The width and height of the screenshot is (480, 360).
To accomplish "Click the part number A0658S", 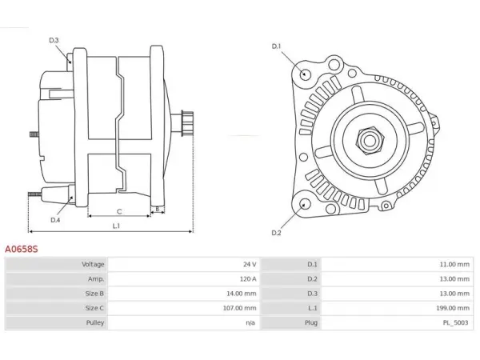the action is (21, 249).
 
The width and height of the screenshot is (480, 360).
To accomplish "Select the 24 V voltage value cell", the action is (250, 264).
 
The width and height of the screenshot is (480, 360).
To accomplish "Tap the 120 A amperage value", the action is (248, 279).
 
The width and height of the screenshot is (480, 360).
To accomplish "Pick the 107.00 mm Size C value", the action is (239, 308).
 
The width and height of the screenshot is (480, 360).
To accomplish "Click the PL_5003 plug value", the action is (455, 322).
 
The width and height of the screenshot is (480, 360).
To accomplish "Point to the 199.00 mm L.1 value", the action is (453, 308).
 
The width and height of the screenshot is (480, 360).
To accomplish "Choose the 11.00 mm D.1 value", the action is (454, 264).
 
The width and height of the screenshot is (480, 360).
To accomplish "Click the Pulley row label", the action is (95, 322).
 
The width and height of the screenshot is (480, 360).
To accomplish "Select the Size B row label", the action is (94, 294).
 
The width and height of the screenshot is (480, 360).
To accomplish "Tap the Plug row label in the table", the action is (311, 322).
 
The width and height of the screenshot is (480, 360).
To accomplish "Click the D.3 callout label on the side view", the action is (54, 40).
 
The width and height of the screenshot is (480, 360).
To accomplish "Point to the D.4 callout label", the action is (55, 220).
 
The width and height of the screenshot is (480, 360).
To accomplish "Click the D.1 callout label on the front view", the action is (276, 46).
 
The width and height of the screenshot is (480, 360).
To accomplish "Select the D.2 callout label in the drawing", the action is (276, 233).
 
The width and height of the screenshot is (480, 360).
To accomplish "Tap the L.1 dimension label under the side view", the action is (116, 226).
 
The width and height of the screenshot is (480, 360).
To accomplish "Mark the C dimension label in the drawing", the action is (119, 211).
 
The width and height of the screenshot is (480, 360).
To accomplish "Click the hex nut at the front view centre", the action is (369, 141).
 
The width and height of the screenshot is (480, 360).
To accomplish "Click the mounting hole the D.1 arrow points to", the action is (304, 74).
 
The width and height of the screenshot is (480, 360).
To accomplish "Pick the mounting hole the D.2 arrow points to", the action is (304, 204).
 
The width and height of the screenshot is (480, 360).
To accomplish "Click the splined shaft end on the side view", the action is (187, 123).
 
